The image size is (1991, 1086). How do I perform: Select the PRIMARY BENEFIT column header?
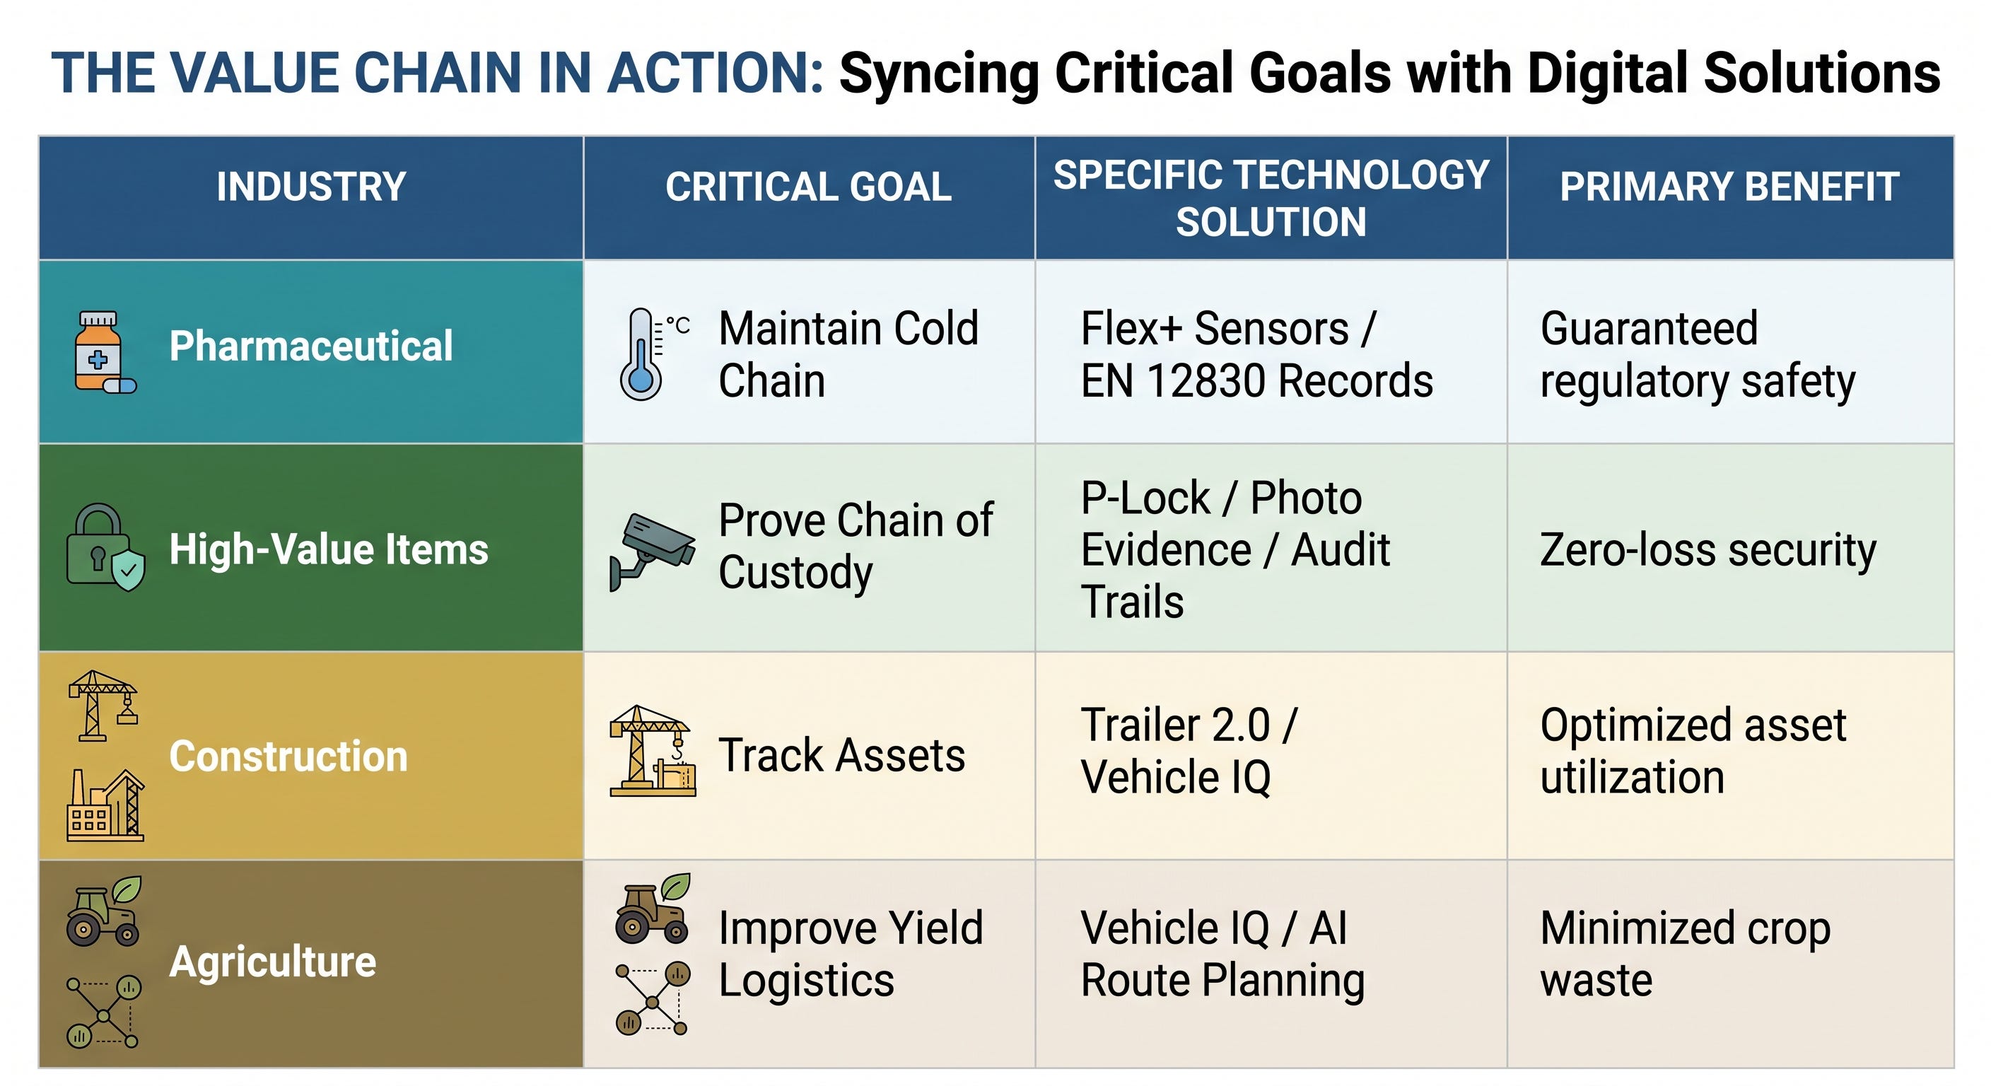1730,187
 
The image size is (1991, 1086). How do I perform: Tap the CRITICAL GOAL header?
808,187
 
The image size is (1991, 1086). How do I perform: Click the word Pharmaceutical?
310,346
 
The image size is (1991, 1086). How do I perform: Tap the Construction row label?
288,756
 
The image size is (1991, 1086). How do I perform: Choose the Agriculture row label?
273,962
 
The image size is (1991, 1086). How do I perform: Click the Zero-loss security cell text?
1708,551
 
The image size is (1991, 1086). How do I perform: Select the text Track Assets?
841,755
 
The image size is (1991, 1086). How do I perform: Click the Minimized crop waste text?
1685,954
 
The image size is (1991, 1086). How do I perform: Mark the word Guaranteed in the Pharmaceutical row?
1649,329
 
